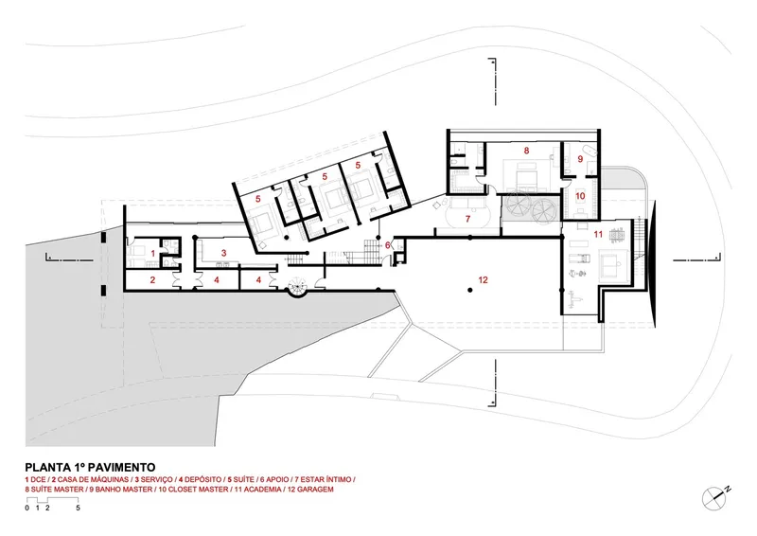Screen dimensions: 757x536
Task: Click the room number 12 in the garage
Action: [x=483, y=280]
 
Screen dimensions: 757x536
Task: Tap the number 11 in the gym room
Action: [x=598, y=235]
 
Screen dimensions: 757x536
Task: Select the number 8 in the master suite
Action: [x=526, y=151]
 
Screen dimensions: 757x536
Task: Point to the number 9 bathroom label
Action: [x=580, y=158]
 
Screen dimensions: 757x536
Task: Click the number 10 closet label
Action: [x=580, y=196]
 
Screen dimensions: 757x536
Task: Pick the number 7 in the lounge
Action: [x=467, y=219]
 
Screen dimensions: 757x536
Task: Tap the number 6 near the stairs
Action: [x=388, y=245]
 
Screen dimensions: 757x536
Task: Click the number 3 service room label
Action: [x=223, y=253]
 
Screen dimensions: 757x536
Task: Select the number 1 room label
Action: [x=153, y=253]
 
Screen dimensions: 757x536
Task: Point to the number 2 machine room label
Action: [x=152, y=280]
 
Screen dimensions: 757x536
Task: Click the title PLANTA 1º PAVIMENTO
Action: [x=90, y=468]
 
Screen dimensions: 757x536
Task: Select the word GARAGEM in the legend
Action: [x=316, y=490]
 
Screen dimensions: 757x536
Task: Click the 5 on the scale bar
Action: [x=78, y=508]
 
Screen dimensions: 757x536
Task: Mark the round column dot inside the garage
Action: [x=469, y=290]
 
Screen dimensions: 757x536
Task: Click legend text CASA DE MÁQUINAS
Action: [x=93, y=480]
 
